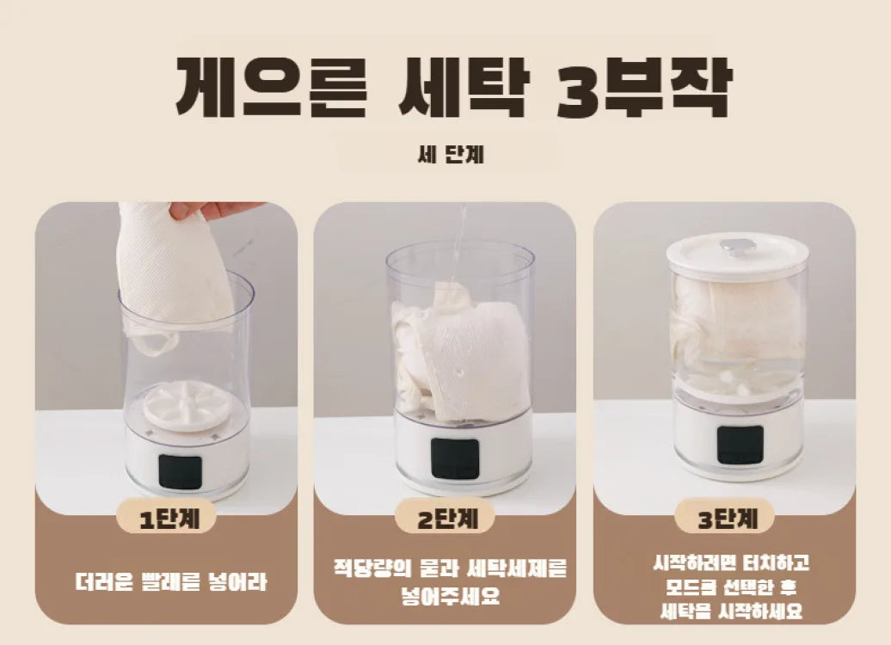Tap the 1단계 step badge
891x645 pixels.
pos(166,519)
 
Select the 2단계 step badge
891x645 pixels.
pos(445,519)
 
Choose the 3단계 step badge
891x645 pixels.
pos(724,519)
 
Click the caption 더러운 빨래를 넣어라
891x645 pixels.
pos(169,582)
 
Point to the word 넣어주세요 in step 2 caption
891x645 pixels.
pos(449,595)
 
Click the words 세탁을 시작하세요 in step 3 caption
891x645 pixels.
pos(731,611)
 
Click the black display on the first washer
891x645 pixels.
pos(181,472)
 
